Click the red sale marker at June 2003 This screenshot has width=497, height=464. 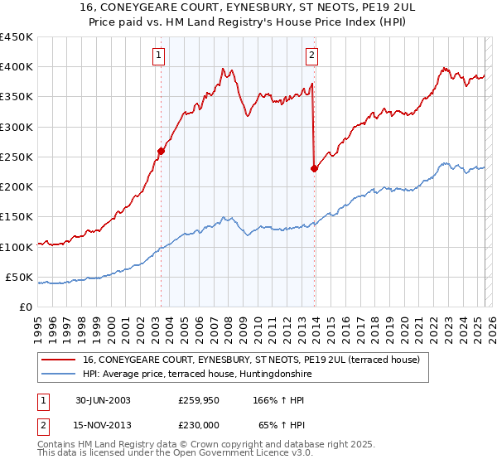pos(161,151)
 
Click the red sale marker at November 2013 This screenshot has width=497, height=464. pos(314,168)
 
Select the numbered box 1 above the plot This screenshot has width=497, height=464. pos(158,56)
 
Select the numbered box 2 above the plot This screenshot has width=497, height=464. pos(311,56)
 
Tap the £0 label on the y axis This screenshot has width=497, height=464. pos(25,307)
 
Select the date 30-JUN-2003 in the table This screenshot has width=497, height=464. pos(103,400)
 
